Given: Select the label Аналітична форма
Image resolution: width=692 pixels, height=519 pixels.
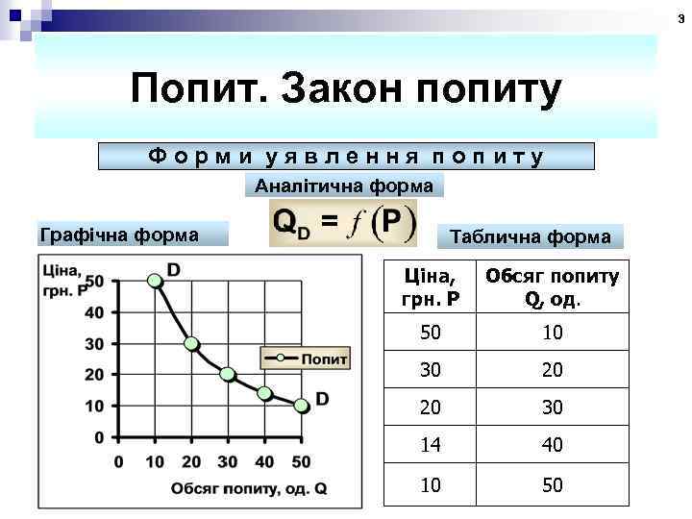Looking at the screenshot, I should (x=344, y=185).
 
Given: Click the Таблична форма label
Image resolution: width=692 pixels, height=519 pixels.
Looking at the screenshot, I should (x=530, y=236).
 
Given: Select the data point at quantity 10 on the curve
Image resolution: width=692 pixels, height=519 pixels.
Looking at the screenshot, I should (x=154, y=281).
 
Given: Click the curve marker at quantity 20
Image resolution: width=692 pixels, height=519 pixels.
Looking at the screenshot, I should (x=191, y=343).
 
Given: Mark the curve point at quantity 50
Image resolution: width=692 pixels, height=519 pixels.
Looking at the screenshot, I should (x=301, y=406).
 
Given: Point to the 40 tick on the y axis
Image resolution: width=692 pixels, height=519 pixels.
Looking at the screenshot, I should (x=94, y=311).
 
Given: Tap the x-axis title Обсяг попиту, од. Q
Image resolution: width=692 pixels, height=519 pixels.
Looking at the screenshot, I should (x=248, y=488).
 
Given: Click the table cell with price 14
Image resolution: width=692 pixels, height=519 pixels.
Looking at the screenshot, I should (x=432, y=445).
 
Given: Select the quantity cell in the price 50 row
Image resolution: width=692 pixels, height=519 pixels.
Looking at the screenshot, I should (x=552, y=333).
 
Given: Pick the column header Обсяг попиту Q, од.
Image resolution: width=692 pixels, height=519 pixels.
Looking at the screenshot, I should (x=552, y=286).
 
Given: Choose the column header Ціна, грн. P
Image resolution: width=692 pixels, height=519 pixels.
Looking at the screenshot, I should (x=432, y=286).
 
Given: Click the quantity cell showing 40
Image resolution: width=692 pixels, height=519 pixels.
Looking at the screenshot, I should (x=552, y=445).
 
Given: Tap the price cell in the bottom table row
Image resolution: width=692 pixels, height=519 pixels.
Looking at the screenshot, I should (x=432, y=485).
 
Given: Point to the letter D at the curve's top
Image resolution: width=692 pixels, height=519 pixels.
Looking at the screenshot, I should (x=174, y=270).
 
